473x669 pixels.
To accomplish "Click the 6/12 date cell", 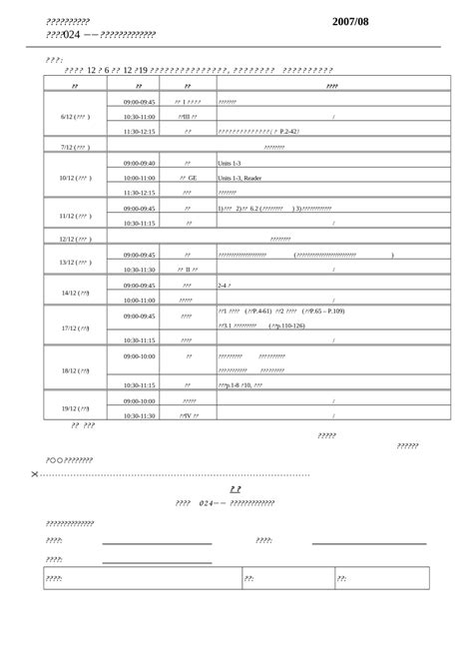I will point(75,117).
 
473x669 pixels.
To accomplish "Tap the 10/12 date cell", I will point(75,178).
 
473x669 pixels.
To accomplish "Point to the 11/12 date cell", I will point(75,216).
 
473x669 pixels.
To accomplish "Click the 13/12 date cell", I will point(75,263).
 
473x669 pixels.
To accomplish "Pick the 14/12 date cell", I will point(75,293).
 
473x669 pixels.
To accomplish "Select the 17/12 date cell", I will point(75,328).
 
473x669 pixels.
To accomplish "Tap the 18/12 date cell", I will point(75,370).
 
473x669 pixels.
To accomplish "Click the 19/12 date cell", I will point(75,407).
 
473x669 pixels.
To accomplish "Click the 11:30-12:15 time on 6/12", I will point(139,132).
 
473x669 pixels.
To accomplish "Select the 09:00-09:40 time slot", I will point(139,163).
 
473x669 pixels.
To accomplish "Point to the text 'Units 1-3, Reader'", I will point(240,178).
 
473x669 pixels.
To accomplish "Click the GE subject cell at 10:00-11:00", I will point(188,178).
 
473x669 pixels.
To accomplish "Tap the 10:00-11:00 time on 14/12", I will point(139,300).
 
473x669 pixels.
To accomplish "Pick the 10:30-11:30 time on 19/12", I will point(139,415).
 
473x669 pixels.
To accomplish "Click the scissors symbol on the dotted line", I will point(36,474).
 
